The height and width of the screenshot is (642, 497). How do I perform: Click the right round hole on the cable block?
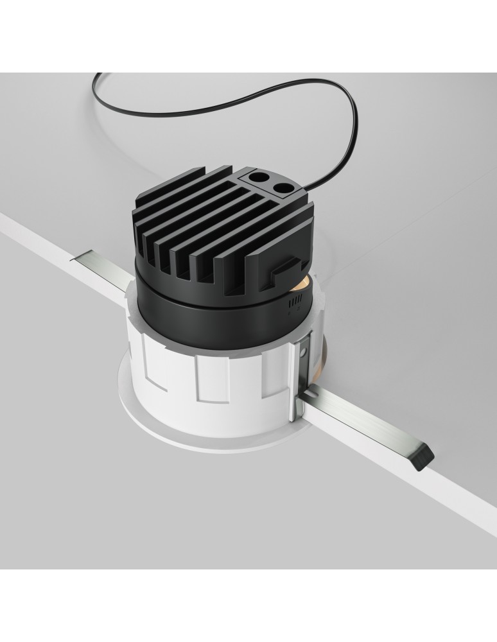coord(283,187)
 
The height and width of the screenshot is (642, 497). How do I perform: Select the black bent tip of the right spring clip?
coord(423,454)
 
